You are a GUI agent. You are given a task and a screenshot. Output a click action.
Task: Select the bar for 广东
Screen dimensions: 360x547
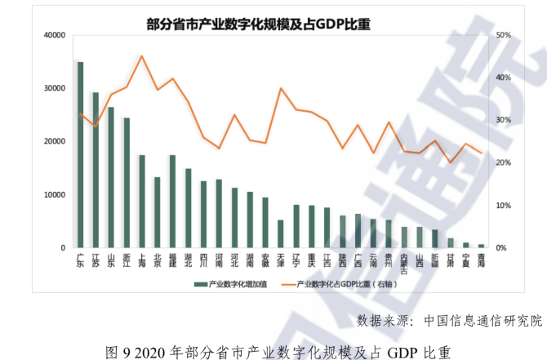coord(80,154)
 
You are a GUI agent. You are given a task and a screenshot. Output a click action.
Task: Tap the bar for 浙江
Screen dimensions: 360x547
coord(127,182)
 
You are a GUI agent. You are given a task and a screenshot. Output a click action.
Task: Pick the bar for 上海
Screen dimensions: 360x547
coord(142,201)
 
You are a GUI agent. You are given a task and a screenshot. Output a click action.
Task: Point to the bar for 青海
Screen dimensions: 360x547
coord(481,245)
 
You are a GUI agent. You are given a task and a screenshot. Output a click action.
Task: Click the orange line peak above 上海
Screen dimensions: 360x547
coord(142,56)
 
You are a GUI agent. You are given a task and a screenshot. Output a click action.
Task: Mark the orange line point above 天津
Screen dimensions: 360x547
coord(281,88)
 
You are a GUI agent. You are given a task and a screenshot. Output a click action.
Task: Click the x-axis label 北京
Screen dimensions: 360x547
coord(158,260)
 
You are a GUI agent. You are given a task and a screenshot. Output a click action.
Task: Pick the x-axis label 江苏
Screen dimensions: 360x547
coord(96,260)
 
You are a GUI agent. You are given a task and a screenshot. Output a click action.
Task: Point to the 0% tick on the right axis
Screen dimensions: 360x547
coord(500,247)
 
